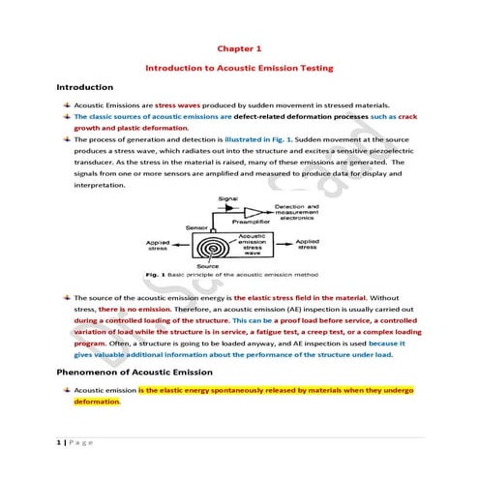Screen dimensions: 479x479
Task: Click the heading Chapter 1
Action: coord(238,47)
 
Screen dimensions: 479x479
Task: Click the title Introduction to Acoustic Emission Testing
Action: coord(239,69)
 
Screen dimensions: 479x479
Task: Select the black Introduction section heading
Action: coord(85,88)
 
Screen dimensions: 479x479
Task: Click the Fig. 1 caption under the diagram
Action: coord(238,275)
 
